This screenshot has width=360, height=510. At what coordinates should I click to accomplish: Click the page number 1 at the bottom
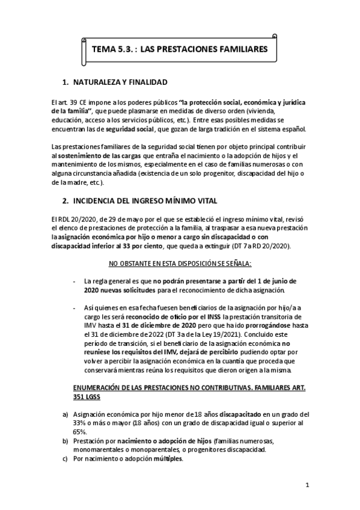307,484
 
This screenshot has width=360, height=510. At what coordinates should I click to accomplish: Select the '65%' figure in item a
79,432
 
